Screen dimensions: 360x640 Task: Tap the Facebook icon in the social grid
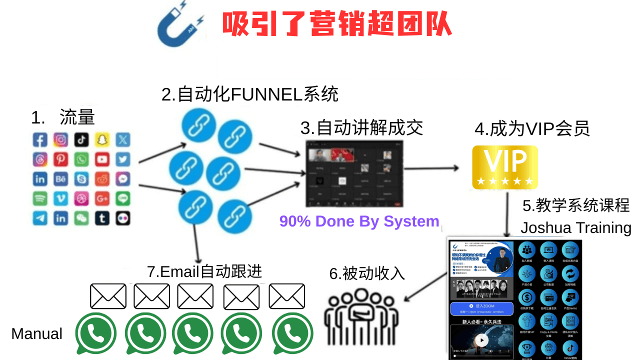pos(40,139)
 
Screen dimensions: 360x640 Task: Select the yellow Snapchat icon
pos(102,139)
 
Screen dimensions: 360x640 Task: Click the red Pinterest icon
pos(61,159)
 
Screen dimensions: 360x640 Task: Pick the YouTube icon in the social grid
pos(102,159)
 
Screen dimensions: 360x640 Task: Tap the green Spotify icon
pos(40,198)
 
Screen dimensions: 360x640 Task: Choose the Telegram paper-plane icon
pos(40,218)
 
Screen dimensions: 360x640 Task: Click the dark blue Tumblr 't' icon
pos(102,218)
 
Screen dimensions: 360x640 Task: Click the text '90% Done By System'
pos(359,221)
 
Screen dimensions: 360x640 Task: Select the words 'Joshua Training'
pos(576,228)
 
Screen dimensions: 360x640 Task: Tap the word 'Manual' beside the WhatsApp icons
pos(37,334)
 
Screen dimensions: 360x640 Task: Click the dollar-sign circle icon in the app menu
pos(527,298)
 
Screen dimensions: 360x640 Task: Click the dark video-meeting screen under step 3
pos(354,173)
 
